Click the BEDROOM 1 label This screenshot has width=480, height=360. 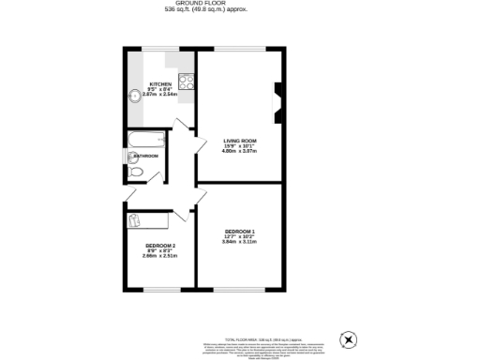239,231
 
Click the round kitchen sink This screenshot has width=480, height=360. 135,93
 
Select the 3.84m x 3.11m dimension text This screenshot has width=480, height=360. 239,242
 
